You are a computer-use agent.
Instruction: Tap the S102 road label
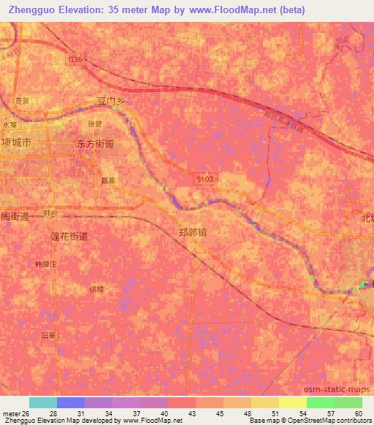pos(205,178)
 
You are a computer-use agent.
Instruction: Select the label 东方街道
pos(95,145)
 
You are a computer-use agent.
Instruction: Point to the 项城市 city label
pos(16,143)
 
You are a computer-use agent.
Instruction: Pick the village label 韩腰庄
pos(45,263)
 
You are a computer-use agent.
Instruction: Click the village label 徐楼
pos(96,288)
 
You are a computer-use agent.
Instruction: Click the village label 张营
pos(93,123)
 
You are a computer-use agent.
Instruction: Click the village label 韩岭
pos(50,212)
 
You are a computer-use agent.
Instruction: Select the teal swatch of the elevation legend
pos(42,402)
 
